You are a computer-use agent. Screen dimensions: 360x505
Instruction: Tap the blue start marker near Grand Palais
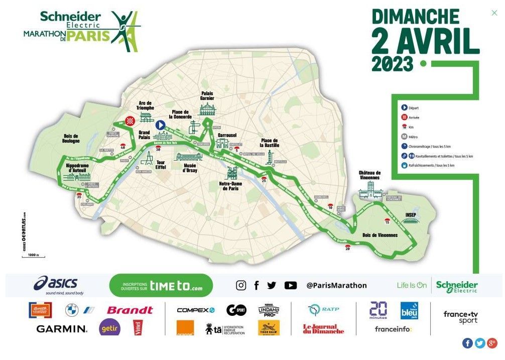pos(160,125)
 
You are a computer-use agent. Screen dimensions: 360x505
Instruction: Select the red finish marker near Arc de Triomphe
pos(130,121)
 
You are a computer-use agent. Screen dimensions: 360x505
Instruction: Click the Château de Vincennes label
pos(369,175)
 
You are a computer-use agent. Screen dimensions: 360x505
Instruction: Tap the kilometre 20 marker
pos(347,247)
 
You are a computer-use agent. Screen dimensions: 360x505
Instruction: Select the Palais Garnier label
pos(207,95)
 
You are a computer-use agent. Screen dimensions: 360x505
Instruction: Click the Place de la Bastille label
pos(270,143)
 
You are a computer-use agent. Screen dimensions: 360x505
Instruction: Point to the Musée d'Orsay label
pos(190,168)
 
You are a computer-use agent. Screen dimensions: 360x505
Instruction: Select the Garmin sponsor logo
pos(62,329)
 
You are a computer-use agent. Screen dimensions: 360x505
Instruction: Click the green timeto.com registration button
pos(161,286)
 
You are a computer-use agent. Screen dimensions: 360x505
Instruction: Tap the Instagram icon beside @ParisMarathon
pos(241,285)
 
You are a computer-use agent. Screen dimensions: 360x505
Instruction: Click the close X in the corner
pos(494,13)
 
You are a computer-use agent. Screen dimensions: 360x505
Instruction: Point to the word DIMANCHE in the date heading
pos(415,17)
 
